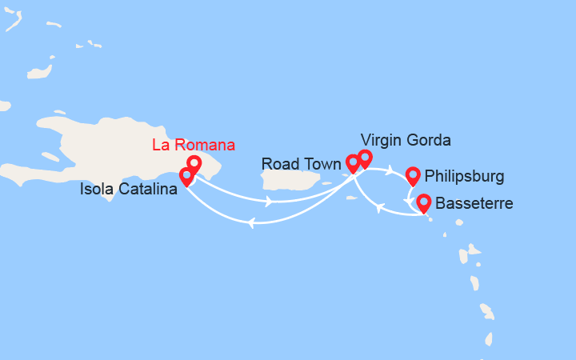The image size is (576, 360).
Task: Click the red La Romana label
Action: tap(194, 145)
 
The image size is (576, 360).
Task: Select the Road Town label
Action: tap(301, 164)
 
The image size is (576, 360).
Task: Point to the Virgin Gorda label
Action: tap(406, 140)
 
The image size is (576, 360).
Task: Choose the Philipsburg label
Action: tap(465, 175)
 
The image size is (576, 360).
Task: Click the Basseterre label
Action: tap(474, 203)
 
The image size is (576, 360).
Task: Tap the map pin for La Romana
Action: tap(193, 165)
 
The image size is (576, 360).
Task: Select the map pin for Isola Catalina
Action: tap(186, 176)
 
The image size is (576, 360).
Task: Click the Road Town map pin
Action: tap(353, 164)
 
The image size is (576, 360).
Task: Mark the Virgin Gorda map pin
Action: tap(365, 158)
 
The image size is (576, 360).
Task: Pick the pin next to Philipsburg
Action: tap(413, 175)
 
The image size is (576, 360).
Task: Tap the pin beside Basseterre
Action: tap(422, 203)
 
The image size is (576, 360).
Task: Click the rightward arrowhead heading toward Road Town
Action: tap(269, 201)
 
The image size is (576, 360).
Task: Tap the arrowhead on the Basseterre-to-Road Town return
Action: tap(380, 209)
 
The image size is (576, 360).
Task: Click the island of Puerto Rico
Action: tap(291, 180)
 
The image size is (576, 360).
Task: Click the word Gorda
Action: tap(428, 140)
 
